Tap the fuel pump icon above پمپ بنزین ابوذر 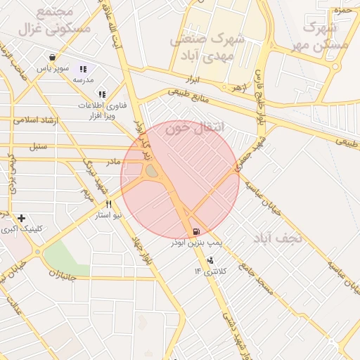click(195, 231)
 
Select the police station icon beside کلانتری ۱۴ click(210, 261)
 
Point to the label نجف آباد click(279, 238)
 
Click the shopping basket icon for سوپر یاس click(53, 58)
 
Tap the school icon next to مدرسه click(83, 69)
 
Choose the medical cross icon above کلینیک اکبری click(22, 218)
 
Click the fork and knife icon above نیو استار click(108, 205)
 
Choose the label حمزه click(342, 11)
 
